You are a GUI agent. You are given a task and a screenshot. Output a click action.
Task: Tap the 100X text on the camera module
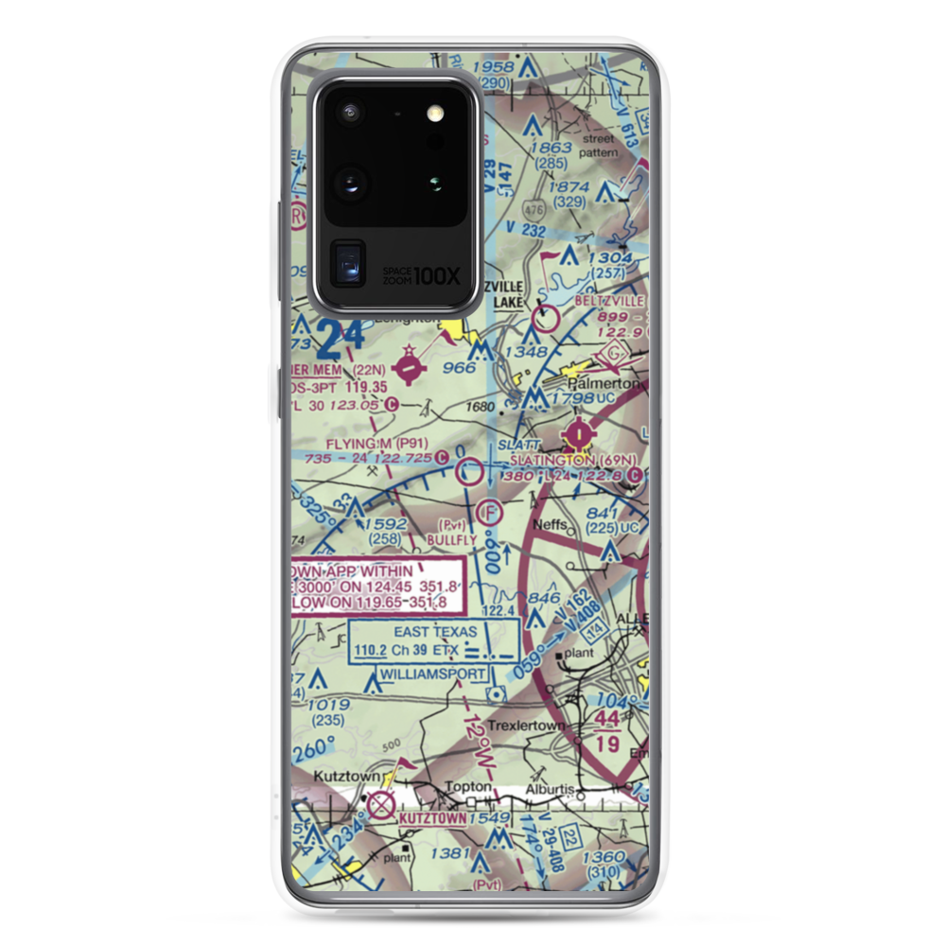coord(438,276)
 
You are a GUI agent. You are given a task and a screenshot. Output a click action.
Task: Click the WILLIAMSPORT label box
coord(433,674)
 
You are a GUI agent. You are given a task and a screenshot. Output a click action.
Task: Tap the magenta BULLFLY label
coord(452,539)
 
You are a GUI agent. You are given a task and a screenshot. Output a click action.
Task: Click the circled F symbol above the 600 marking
coord(488,513)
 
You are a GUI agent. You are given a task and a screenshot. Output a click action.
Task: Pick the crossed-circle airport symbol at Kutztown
coord(381,805)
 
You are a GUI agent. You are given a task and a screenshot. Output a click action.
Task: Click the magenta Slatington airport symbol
coord(576,435)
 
